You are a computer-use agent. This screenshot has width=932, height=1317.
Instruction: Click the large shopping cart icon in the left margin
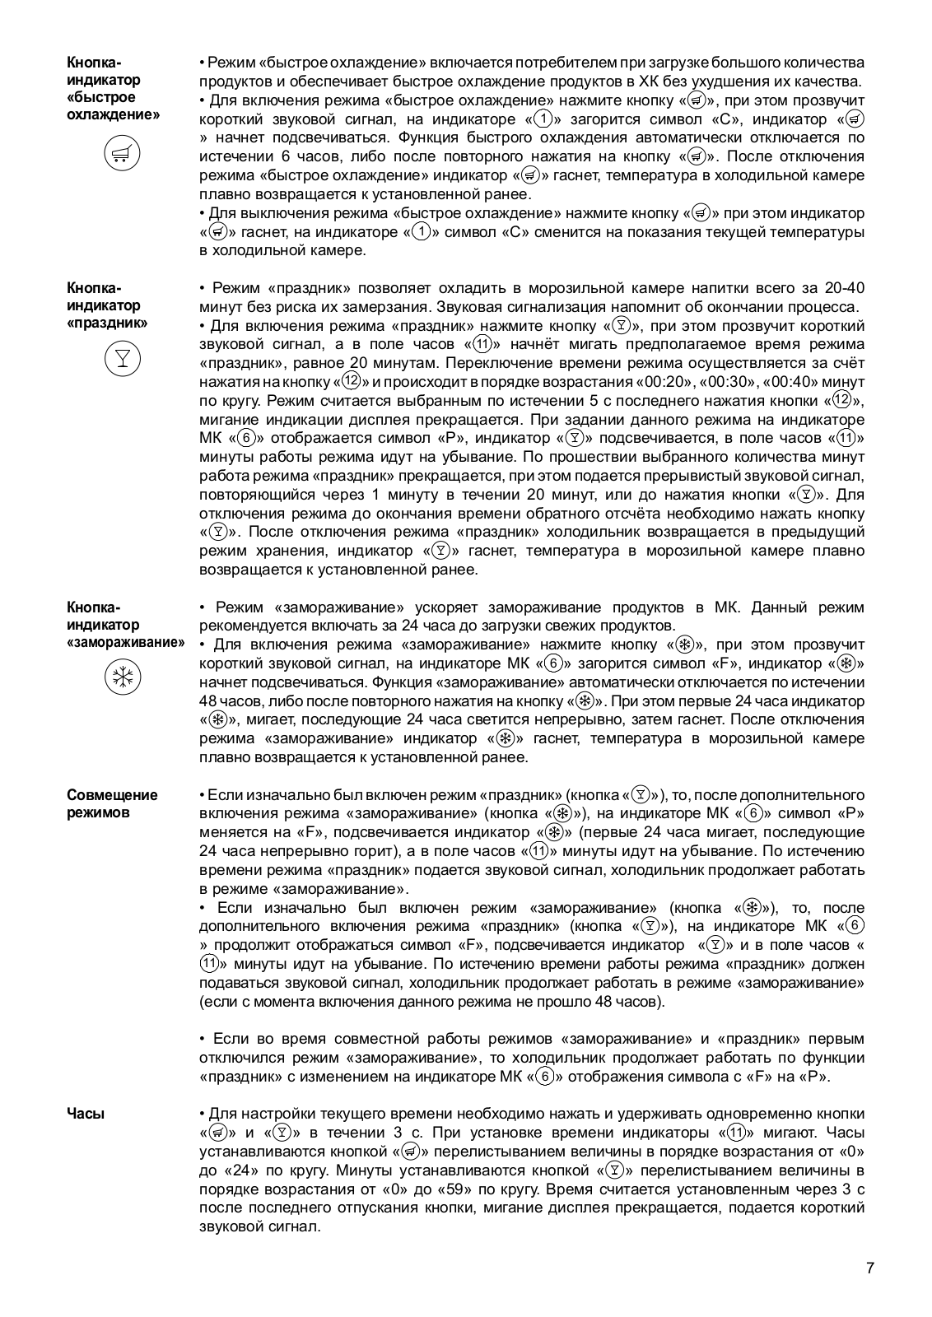coord(122,154)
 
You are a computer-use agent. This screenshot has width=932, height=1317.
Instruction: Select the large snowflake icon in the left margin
coord(122,677)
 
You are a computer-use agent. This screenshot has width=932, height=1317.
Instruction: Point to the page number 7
coord(869,1267)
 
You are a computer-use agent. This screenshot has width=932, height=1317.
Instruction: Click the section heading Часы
coord(86,1114)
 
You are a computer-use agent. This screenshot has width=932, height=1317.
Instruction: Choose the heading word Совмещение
coord(112,795)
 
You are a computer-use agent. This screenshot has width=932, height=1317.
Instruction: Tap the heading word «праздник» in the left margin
coord(107,323)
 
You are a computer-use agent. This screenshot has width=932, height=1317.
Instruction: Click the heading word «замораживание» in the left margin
coord(125,642)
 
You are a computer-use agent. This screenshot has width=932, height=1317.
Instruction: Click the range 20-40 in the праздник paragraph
coord(843,288)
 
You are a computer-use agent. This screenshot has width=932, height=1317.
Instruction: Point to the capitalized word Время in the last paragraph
coord(569,1189)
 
